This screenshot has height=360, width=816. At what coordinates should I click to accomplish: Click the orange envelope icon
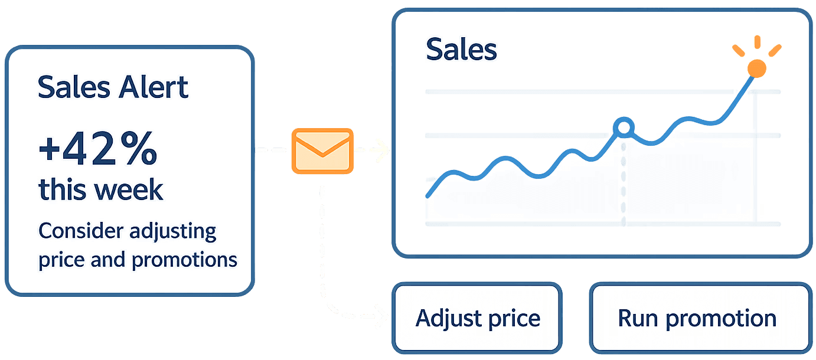pos(322,151)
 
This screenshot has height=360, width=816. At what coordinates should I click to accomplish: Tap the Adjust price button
pos(478,318)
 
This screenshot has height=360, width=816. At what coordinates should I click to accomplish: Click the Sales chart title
pos(461,50)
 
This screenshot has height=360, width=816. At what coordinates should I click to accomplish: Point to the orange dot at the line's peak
pos(756,68)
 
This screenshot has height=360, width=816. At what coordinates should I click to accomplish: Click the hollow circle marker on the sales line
pos(624,127)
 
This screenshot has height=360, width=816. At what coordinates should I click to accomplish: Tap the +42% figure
pos(98,151)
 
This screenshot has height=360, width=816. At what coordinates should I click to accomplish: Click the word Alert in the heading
pos(153,87)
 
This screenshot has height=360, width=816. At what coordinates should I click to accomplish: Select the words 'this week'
pos(100,189)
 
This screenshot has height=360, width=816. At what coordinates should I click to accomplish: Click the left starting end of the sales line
pos(427,196)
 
